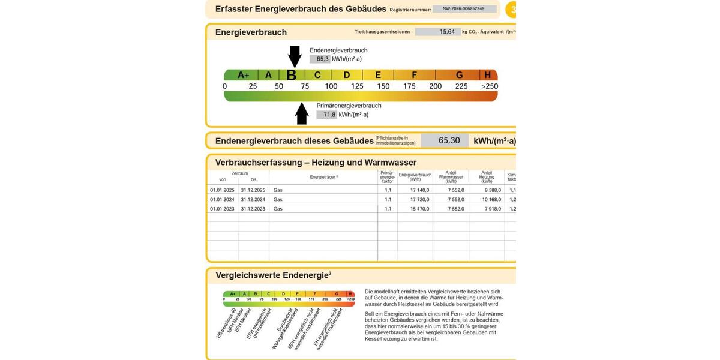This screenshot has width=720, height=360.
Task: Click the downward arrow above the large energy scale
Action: (x=295, y=56)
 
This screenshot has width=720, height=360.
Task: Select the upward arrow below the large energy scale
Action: (x=302, y=113)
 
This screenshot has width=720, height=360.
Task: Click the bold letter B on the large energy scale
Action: (x=292, y=75)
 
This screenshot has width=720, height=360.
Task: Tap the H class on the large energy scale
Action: (x=487, y=75)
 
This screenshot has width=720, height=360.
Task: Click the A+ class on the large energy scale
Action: (x=243, y=75)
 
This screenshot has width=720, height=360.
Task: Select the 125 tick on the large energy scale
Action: (x=357, y=86)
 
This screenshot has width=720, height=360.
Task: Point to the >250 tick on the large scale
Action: (x=489, y=86)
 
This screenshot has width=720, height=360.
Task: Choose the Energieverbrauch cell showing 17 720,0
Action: (x=415, y=199)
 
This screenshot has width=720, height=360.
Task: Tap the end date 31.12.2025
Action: (x=253, y=190)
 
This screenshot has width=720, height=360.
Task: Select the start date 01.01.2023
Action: (x=222, y=209)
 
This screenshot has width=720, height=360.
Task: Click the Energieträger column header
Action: (x=323, y=177)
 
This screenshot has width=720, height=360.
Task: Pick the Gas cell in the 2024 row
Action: (x=278, y=199)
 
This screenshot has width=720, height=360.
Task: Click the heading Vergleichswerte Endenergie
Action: (x=273, y=275)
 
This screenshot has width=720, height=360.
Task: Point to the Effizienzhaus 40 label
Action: (x=226, y=324)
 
